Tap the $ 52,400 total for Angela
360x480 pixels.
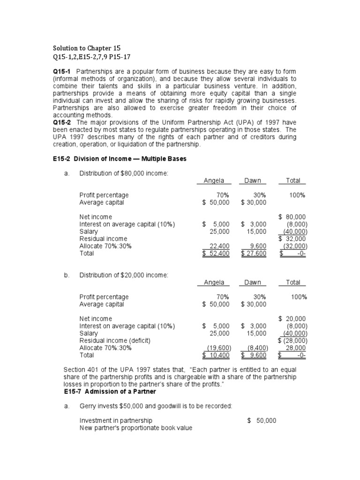(x=216, y=254)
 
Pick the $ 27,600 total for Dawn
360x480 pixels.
(x=254, y=254)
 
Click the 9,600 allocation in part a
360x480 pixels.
(x=257, y=246)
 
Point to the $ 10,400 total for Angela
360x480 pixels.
(x=216, y=355)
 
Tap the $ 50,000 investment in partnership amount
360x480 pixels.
(x=262, y=420)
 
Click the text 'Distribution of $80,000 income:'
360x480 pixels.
(x=124, y=173)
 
